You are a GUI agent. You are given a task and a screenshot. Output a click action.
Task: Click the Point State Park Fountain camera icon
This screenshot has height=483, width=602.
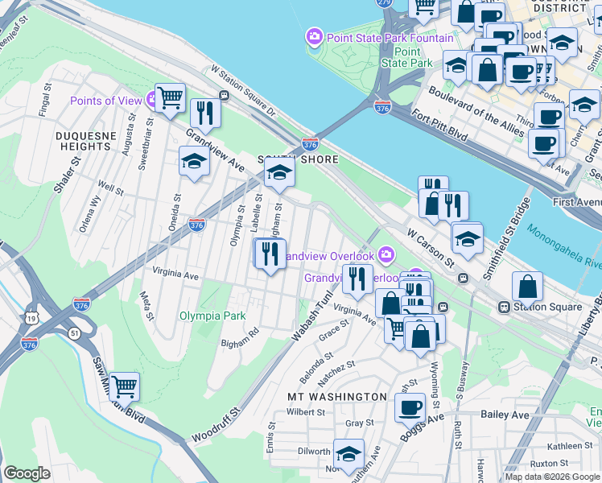click(x=313, y=37)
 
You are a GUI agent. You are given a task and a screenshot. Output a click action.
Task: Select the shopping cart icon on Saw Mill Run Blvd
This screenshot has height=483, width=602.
click(x=124, y=387)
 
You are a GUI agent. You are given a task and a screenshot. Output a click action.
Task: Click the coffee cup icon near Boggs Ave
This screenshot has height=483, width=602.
click(x=410, y=407)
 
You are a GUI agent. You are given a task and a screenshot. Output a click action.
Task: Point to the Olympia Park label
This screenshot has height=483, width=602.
click(x=212, y=316)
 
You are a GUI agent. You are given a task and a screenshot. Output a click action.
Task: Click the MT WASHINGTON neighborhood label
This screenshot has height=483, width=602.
click(x=337, y=397)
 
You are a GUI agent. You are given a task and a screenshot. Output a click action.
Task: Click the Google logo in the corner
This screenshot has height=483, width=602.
click(x=27, y=473)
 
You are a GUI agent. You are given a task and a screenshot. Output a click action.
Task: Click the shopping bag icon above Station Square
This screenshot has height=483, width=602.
click(x=526, y=286)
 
